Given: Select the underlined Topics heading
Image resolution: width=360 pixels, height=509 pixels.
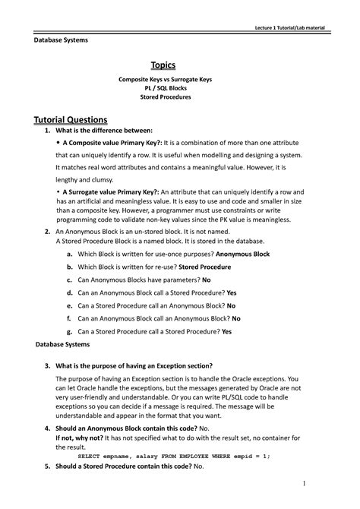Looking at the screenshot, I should [x=180, y=66].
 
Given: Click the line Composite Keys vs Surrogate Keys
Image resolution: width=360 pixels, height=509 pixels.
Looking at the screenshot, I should [x=180, y=79].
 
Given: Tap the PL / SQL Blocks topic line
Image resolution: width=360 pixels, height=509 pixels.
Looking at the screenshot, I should [x=180, y=88].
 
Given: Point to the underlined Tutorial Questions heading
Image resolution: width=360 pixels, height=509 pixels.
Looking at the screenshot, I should [x=71, y=119].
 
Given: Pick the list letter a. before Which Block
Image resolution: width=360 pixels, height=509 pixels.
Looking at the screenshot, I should [x=69, y=253].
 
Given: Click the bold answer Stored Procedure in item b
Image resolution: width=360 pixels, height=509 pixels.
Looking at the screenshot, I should [x=205, y=267].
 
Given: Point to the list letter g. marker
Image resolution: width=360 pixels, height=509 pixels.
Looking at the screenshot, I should [x=69, y=331].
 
